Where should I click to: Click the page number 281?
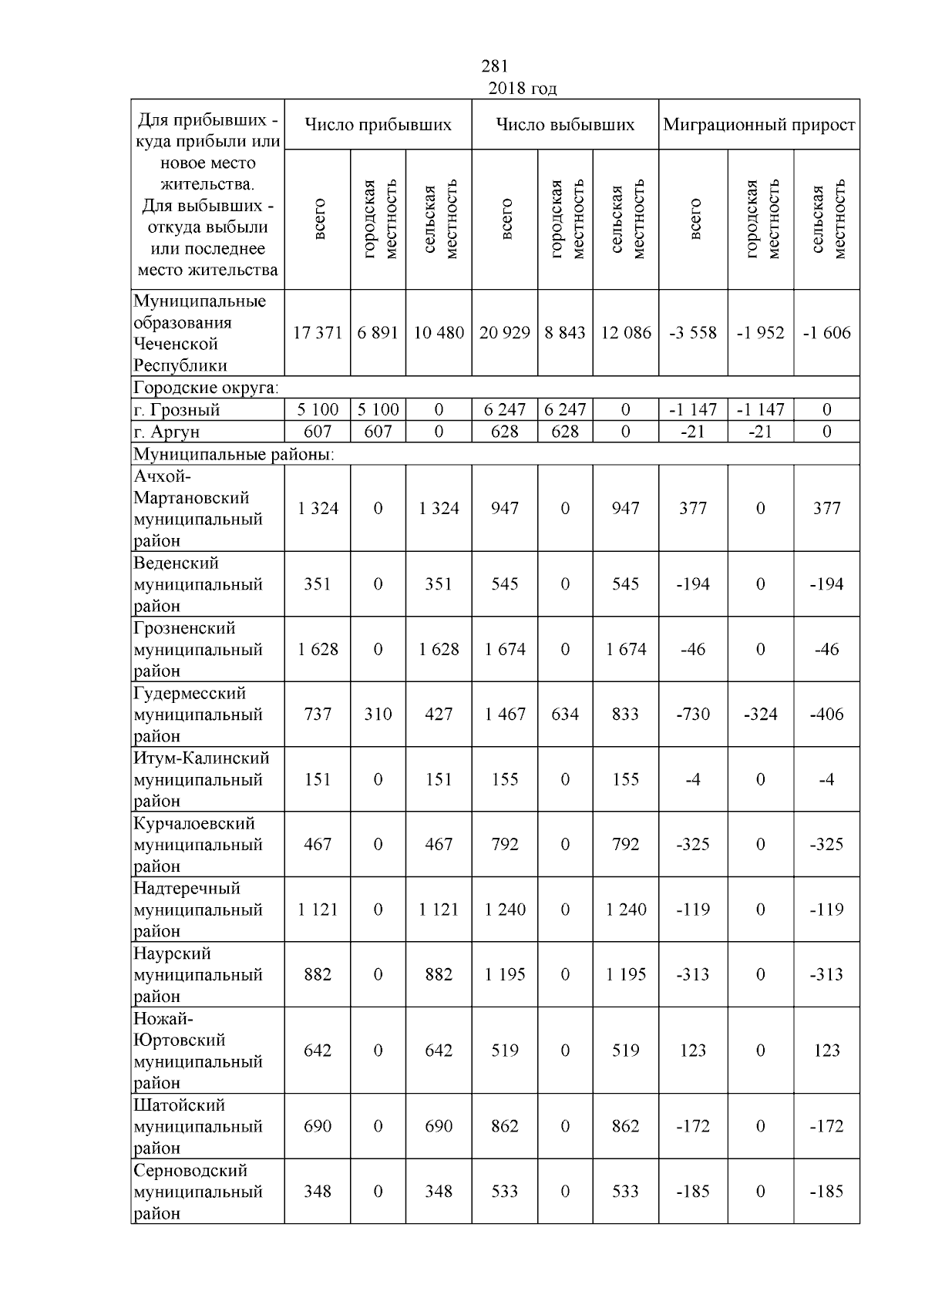494,67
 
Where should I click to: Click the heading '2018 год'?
522,89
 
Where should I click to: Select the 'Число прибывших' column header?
378,125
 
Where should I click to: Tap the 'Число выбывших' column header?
565,125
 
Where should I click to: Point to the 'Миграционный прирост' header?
759,125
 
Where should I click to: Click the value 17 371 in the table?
318,333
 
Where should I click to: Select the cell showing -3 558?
693,333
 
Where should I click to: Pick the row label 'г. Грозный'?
177,409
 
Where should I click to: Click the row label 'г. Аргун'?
166,432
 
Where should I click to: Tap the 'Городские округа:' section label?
206,387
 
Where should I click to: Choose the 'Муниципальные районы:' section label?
234,454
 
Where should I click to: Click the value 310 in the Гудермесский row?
378,715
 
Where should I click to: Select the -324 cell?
760,715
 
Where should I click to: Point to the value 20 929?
505,333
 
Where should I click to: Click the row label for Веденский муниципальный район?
198,584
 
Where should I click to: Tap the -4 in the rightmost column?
826,779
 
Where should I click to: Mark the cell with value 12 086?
626,333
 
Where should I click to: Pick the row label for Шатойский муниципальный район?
198,1126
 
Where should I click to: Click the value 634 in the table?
565,715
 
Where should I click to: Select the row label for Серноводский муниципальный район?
198,1192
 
